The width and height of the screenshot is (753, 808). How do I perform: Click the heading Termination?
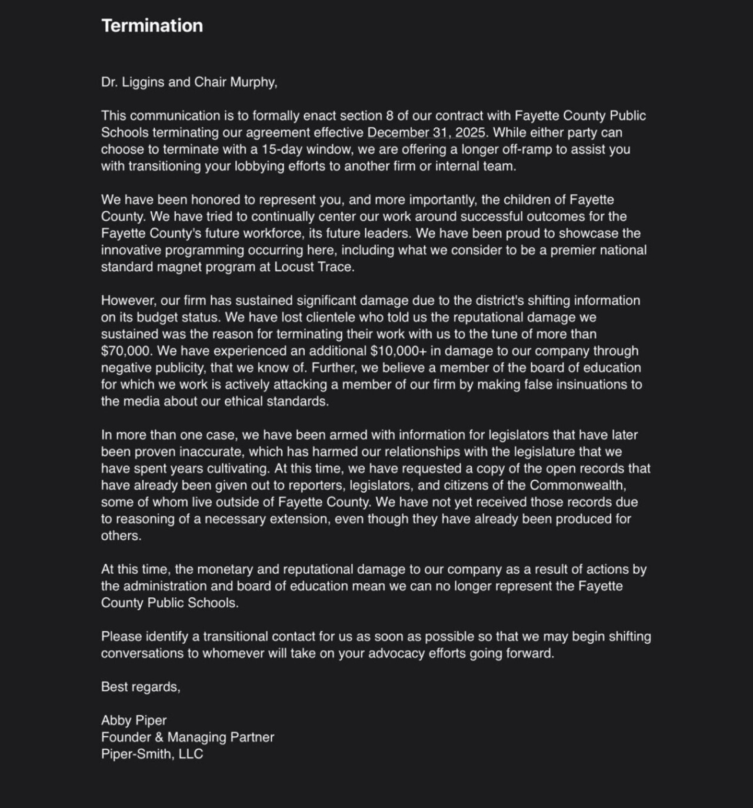point(152,25)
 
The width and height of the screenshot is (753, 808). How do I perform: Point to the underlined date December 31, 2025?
point(427,132)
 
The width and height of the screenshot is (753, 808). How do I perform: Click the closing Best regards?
point(141,687)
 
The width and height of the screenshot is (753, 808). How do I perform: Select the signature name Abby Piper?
point(134,720)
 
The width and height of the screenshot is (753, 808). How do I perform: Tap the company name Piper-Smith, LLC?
point(152,754)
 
